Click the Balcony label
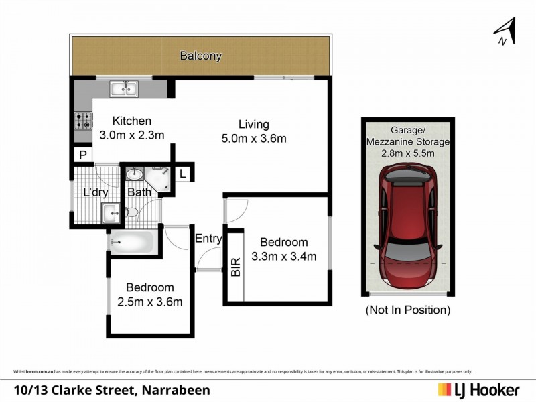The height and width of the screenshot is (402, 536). (x=200, y=56)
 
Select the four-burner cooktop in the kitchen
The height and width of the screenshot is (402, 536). (x=84, y=121)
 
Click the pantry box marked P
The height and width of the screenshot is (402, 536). (x=82, y=155)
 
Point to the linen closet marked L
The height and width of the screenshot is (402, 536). (x=183, y=173)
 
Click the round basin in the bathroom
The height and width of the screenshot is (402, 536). (x=134, y=174)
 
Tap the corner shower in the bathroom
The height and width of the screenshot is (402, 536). (x=159, y=178)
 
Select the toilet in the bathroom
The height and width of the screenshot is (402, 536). (x=131, y=212)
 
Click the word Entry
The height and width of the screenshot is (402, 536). (x=208, y=238)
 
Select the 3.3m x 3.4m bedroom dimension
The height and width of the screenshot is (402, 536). (x=283, y=255)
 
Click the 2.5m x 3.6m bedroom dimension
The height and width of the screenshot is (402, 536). (x=149, y=301)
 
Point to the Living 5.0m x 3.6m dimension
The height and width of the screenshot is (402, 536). (x=253, y=139)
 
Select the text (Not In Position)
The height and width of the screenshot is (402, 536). (x=407, y=310)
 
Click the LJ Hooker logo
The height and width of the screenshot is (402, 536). (x=480, y=389)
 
